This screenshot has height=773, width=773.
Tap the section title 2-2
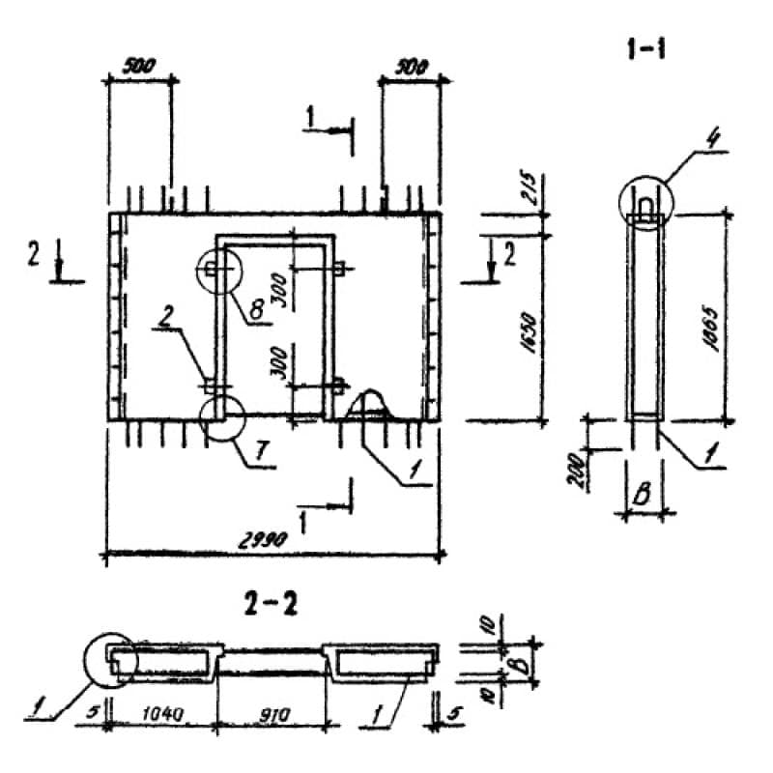tap(272, 606)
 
